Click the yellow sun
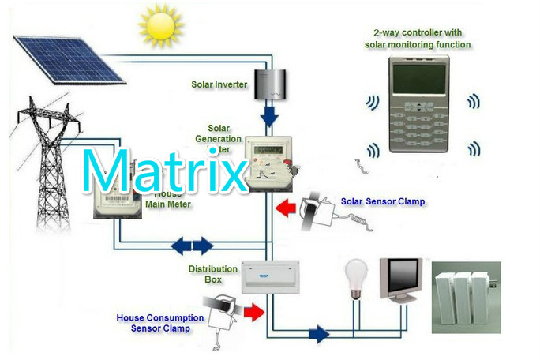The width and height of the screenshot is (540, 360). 160,26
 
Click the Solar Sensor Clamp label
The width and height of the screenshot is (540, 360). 383,202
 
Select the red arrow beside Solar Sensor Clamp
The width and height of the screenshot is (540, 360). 286,209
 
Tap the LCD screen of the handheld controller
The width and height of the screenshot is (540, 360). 420,77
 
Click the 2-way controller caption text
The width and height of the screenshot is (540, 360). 418,39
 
